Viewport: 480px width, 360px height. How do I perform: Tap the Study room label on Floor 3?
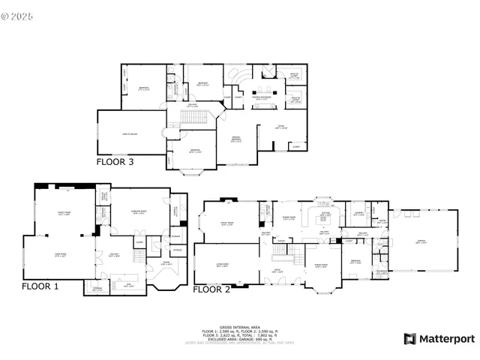tap(280, 128)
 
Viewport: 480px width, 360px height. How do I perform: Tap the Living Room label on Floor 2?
tap(223, 264)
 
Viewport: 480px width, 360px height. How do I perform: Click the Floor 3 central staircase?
tap(194, 118)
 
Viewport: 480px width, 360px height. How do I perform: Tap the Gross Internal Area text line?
tap(239, 327)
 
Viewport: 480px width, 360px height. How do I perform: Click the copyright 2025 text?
tap(19, 11)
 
